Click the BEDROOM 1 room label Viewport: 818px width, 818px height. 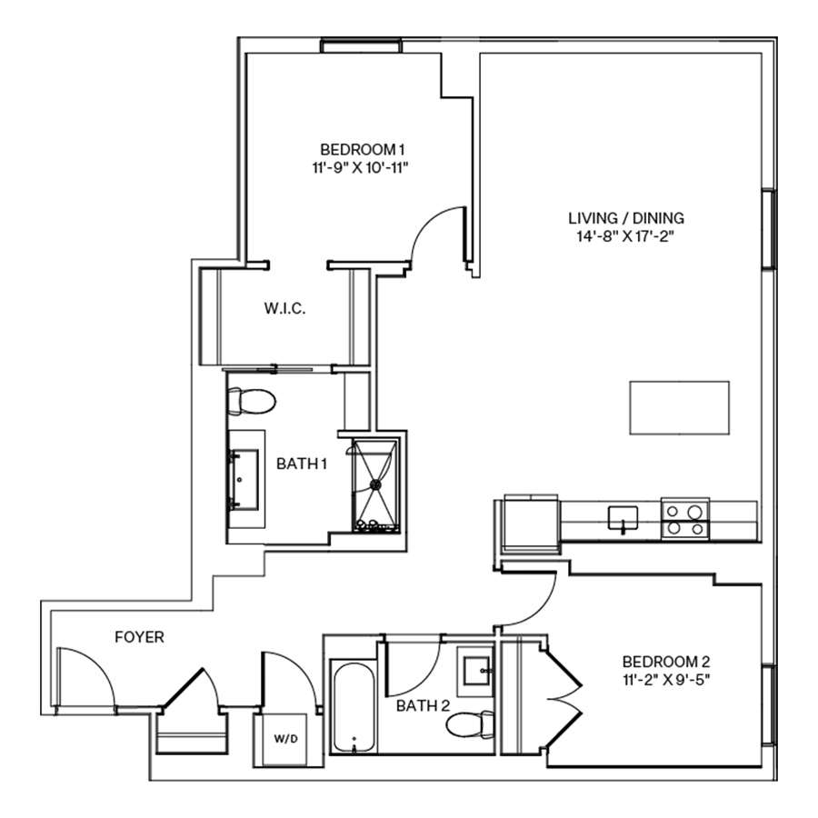[361, 149]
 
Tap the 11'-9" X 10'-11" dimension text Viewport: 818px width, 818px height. [361, 166]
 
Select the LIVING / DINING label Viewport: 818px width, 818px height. [625, 218]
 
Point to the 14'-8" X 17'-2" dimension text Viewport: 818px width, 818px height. [625, 235]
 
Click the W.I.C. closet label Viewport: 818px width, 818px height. [284, 309]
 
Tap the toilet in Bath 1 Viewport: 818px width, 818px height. [251, 399]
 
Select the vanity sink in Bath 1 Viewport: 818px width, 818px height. [244, 478]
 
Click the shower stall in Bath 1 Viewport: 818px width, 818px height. [373, 484]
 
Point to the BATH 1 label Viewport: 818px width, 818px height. [302, 464]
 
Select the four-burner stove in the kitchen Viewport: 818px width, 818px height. [684, 518]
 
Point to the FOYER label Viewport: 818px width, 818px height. [139, 637]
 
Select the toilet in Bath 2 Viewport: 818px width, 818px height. [471, 724]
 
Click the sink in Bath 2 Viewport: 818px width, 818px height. [475, 671]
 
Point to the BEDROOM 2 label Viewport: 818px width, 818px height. [665, 661]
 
